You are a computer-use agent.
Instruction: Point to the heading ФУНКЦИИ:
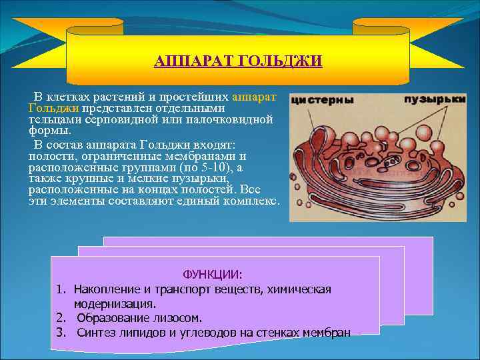click(x=213, y=274)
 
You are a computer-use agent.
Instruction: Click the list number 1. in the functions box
click(x=61, y=289)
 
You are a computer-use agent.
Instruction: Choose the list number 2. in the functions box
click(x=61, y=318)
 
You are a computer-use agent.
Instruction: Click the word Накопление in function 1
click(x=107, y=289)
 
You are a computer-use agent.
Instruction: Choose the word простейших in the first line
click(x=197, y=97)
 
